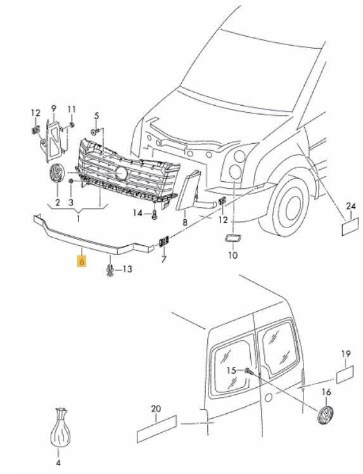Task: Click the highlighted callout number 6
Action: tap(82, 261)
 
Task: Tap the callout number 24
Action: tap(351, 207)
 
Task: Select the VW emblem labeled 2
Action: tap(57, 173)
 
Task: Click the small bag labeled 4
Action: tap(60, 427)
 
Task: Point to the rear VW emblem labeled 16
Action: tap(325, 415)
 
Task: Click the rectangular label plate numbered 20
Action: tap(156, 428)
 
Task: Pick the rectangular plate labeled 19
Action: tap(345, 375)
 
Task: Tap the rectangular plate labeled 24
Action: tap(350, 226)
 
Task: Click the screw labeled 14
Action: tap(155, 215)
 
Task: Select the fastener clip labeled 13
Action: tap(110, 271)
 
